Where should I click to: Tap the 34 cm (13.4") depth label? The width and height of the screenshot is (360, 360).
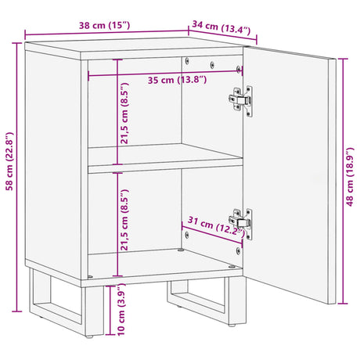click(x=221, y=29)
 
